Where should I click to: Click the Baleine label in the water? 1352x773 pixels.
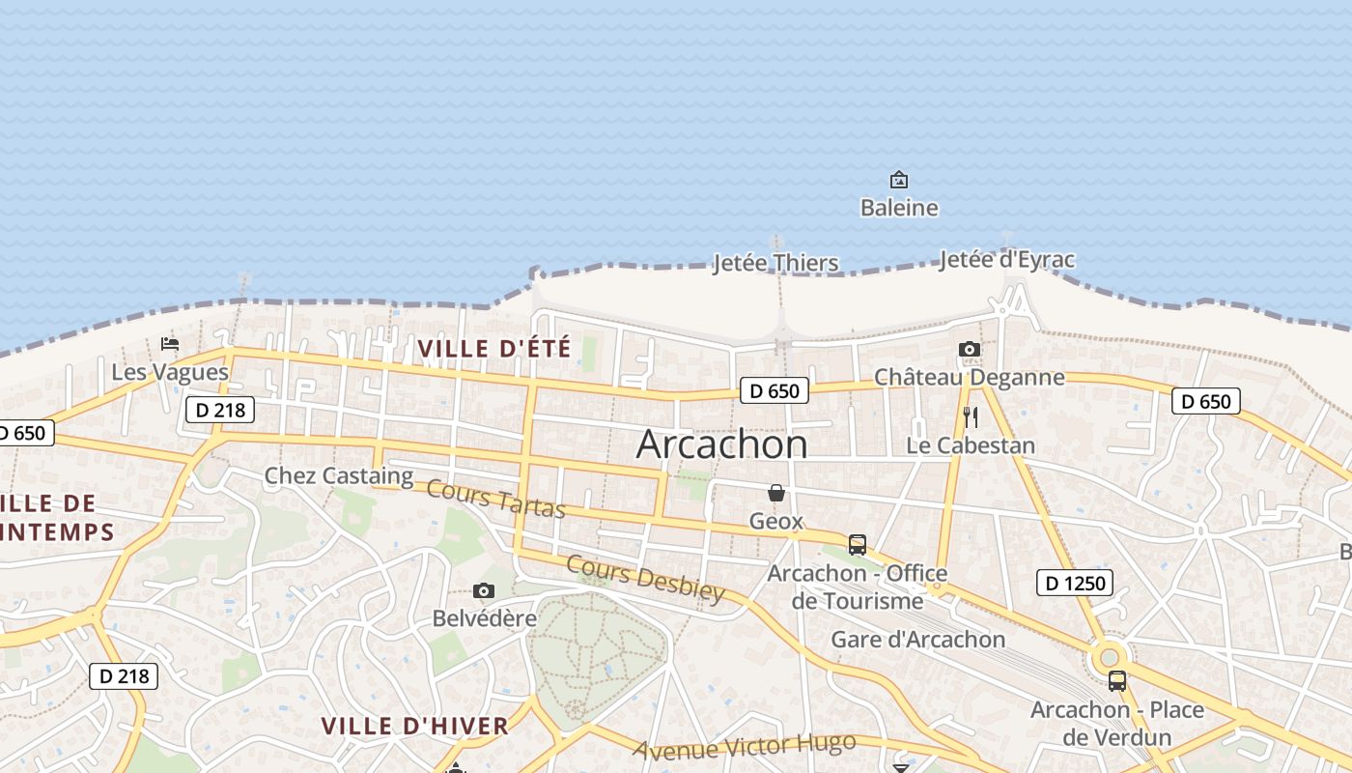tap(899, 208)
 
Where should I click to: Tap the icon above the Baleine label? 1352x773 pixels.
tap(899, 180)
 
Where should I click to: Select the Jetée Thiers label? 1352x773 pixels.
tap(775, 263)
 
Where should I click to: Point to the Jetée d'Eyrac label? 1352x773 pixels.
tap(1006, 260)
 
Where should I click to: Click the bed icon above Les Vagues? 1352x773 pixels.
tap(170, 344)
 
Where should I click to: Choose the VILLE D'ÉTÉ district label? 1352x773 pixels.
tap(494, 349)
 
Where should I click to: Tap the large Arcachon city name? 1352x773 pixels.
tap(722, 444)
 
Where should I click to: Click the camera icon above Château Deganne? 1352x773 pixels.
tap(970, 350)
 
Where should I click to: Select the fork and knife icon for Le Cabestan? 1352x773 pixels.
tap(971, 417)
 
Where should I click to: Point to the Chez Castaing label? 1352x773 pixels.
tap(339, 475)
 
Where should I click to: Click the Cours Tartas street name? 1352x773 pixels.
tap(495, 498)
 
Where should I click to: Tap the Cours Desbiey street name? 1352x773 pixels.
tap(645, 579)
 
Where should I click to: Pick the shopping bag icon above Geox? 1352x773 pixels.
tap(776, 494)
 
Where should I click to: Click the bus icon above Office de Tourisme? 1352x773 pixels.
tap(858, 545)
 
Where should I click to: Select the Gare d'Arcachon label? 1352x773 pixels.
tap(918, 640)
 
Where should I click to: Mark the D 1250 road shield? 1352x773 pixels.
tap(1075, 583)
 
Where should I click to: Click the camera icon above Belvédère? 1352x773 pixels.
tap(484, 591)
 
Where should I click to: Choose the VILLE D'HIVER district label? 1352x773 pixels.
tap(414, 727)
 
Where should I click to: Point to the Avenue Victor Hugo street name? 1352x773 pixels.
tap(745, 746)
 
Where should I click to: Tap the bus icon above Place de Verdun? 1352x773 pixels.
tap(1117, 681)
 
